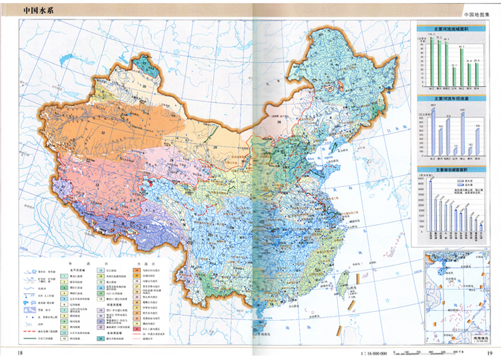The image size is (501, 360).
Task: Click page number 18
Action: point(20,353)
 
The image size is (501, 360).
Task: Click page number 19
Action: point(489,353)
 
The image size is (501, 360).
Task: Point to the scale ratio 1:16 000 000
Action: point(373,352)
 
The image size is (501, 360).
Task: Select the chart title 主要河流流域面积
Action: point(452,30)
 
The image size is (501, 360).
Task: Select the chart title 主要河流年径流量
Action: point(452,99)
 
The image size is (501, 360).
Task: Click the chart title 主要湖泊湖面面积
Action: point(452,170)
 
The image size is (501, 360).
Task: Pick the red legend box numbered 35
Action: point(137,328)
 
